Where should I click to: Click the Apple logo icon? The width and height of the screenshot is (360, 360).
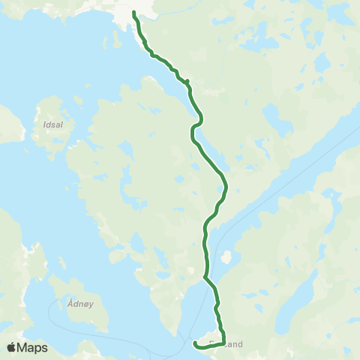pyautogui.click(x=12, y=347)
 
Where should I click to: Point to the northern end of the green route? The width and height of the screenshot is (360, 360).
pyautogui.click(x=134, y=13)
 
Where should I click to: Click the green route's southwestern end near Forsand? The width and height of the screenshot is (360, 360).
pyautogui.click(x=195, y=343)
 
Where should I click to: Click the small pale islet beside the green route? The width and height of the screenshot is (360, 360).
pyautogui.click(x=225, y=257)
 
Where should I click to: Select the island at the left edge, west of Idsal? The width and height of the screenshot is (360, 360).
pyautogui.click(x=7, y=124)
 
